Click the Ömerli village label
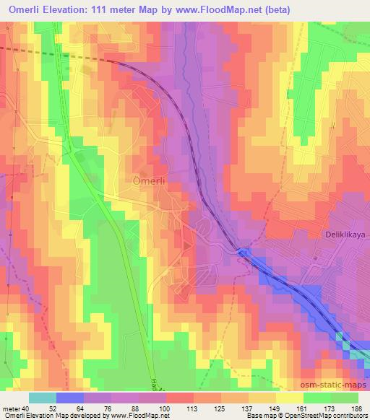150,183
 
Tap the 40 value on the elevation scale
24,408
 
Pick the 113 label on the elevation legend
192,408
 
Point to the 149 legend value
274,408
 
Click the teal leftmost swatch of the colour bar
43,398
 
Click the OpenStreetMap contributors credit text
319,416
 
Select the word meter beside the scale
10,408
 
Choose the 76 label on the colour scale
110,408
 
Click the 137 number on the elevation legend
246,408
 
